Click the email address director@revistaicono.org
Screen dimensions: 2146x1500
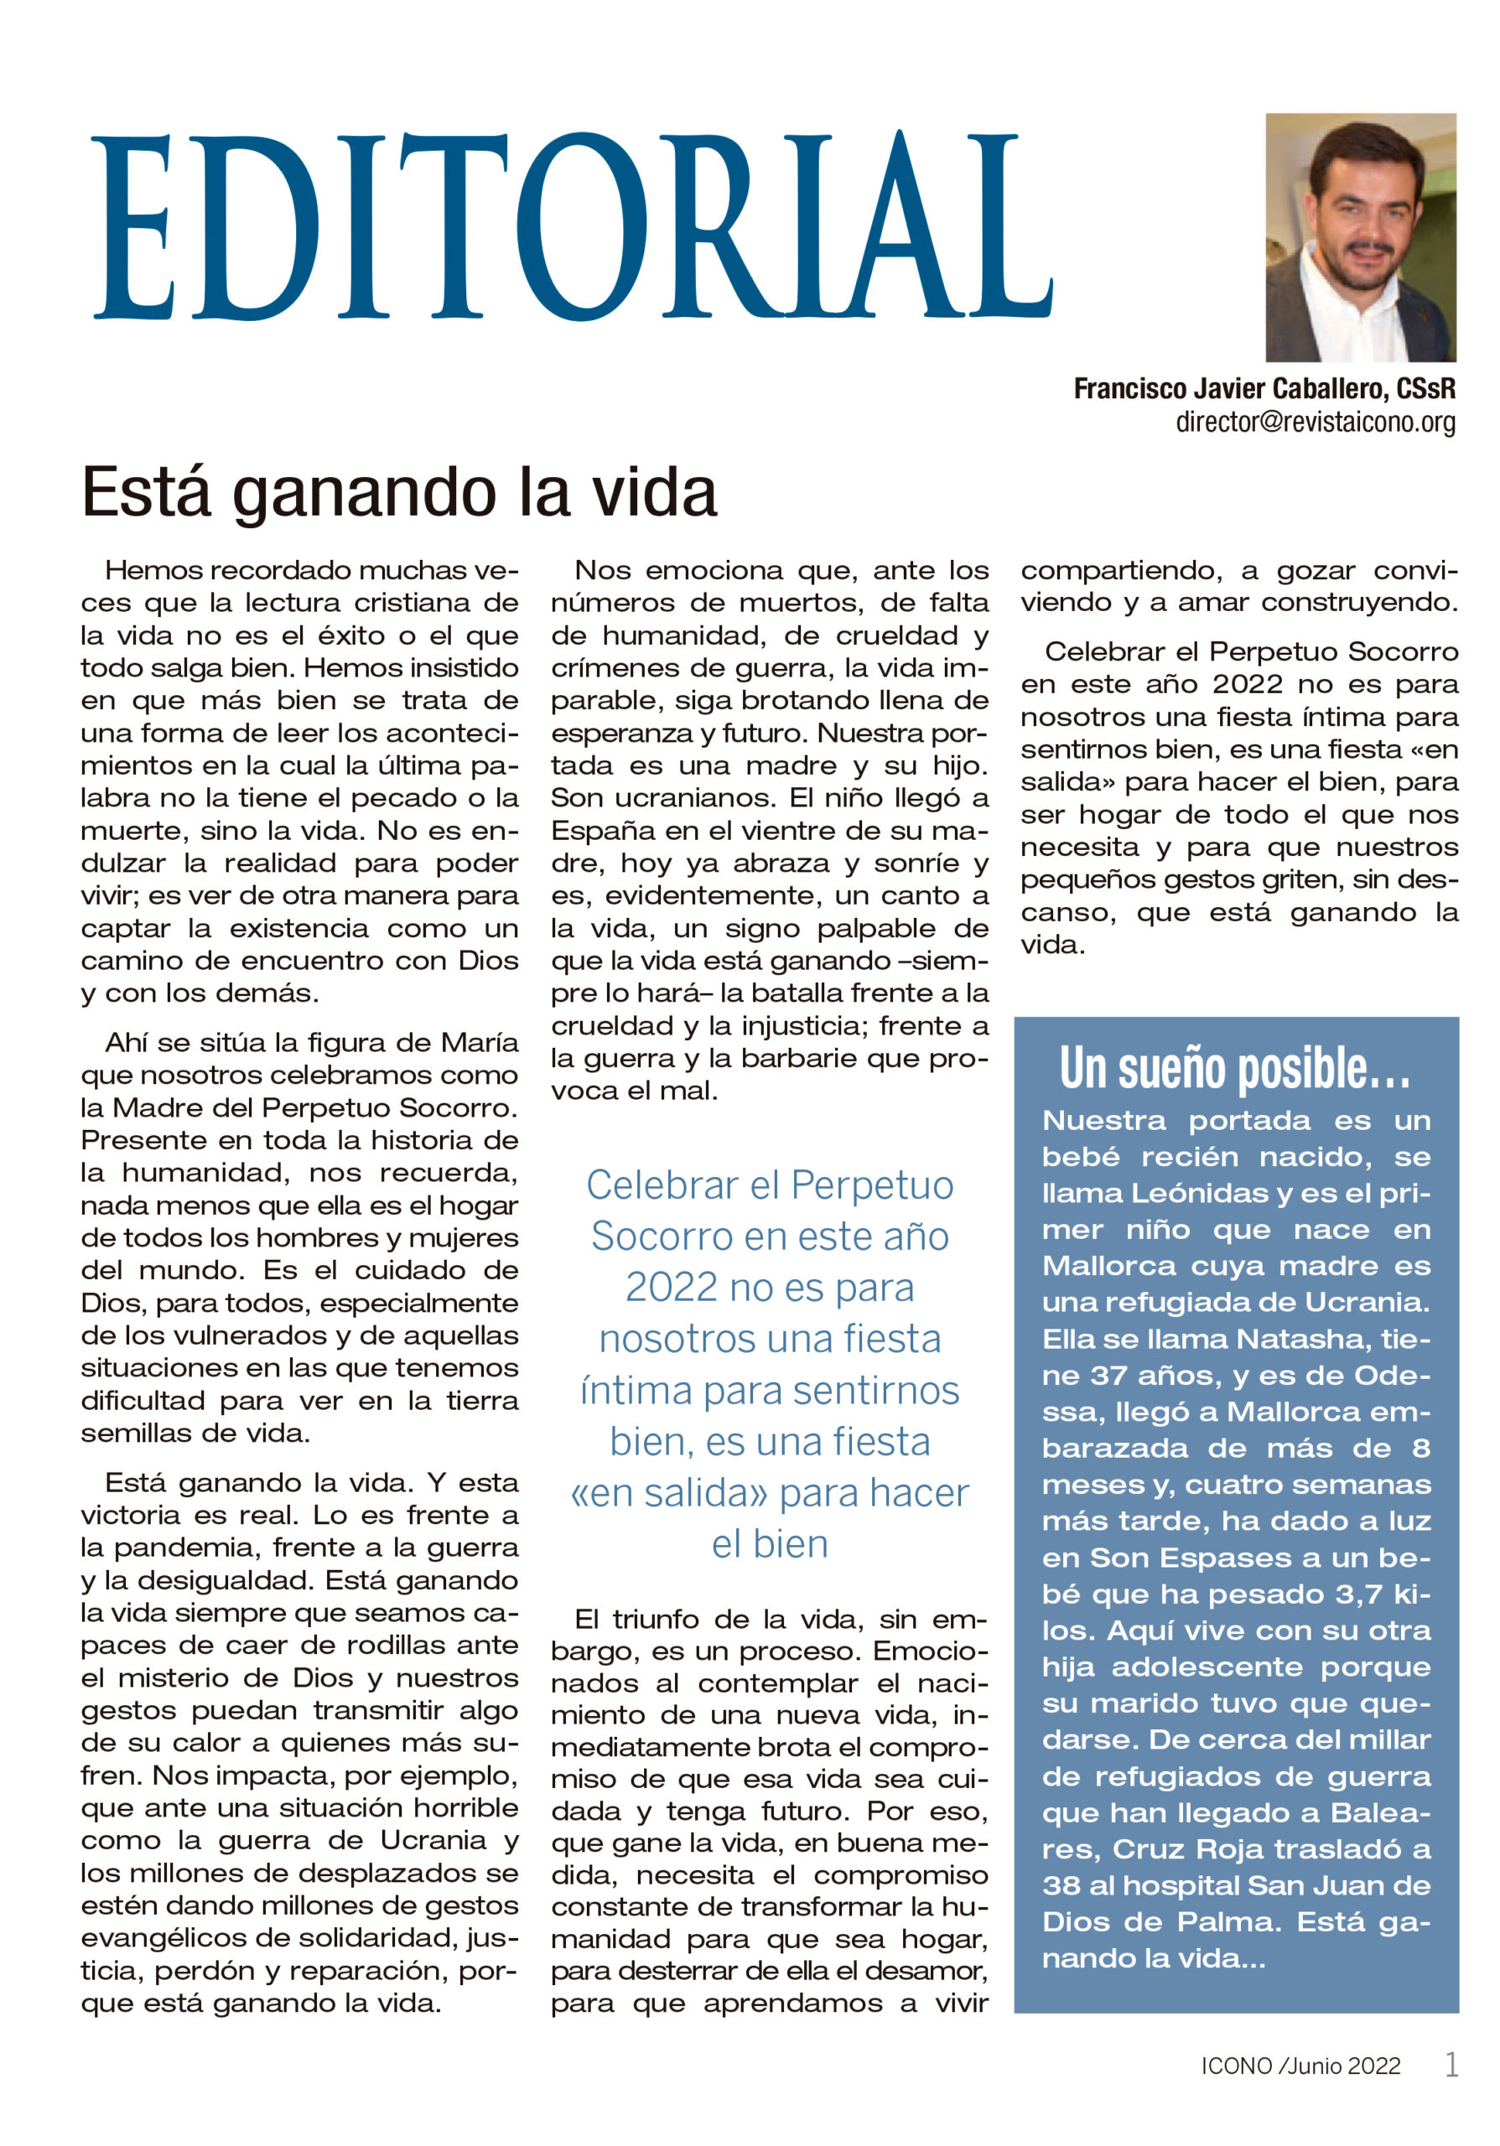[x=1315, y=422]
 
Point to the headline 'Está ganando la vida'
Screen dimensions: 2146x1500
[x=399, y=493]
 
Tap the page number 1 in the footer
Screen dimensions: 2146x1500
[x=1451, y=2064]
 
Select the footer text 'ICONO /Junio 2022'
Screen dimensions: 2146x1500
[x=1301, y=2066]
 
